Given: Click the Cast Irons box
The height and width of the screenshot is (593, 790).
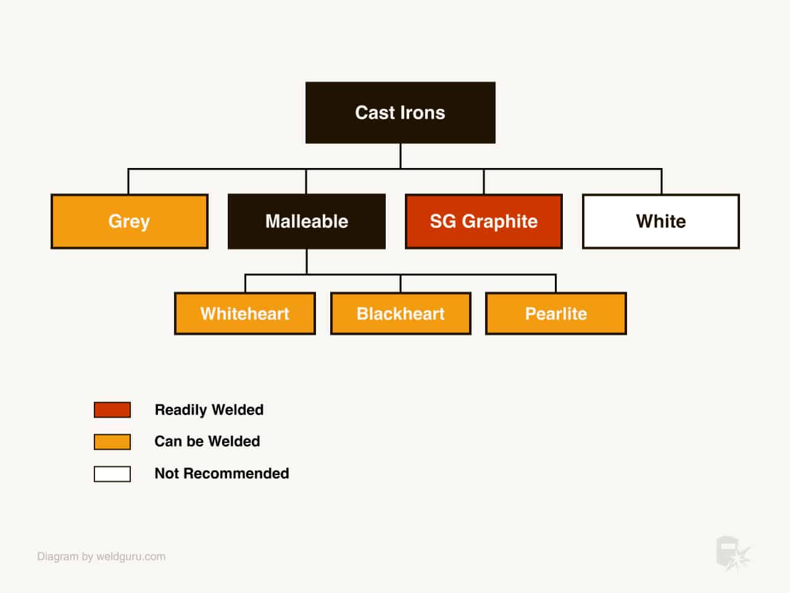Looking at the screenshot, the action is pyautogui.click(x=400, y=112).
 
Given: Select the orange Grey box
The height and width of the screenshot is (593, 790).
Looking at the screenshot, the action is pyautogui.click(x=130, y=221).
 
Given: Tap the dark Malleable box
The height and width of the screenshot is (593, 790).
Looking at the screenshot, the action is pyautogui.click(x=307, y=221).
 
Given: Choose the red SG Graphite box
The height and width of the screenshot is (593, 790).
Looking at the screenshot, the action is pyautogui.click(x=484, y=221).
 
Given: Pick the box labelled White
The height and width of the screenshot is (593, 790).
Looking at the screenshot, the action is pyautogui.click(x=661, y=221).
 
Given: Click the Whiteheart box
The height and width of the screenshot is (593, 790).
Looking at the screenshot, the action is pyautogui.click(x=245, y=314).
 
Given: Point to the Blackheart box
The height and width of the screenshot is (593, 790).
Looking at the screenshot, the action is pyautogui.click(x=401, y=314).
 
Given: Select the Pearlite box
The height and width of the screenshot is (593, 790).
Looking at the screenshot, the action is pyautogui.click(x=556, y=314).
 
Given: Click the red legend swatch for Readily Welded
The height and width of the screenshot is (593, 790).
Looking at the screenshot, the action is pyautogui.click(x=112, y=410).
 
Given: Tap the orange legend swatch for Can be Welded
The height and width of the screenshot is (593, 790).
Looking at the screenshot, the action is pyautogui.click(x=112, y=442).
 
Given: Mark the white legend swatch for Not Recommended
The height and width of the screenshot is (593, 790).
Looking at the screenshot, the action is pyautogui.click(x=112, y=474).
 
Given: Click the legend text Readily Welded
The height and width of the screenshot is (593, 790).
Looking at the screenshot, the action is pyautogui.click(x=209, y=410).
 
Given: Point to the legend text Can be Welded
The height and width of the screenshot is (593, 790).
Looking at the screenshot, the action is pyautogui.click(x=207, y=442).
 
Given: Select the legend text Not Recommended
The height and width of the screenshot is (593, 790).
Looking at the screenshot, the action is pyautogui.click(x=222, y=473).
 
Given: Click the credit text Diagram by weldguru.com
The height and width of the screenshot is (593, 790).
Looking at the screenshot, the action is pyautogui.click(x=101, y=557).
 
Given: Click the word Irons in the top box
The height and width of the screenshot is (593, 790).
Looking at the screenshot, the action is pyautogui.click(x=423, y=112).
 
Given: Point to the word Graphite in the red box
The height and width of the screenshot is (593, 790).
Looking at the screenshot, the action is pyautogui.click(x=499, y=222).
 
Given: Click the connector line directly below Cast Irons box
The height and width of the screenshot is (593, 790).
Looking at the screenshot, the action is pyautogui.click(x=401, y=156).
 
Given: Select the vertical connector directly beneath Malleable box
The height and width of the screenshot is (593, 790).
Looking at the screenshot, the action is pyautogui.click(x=307, y=262).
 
